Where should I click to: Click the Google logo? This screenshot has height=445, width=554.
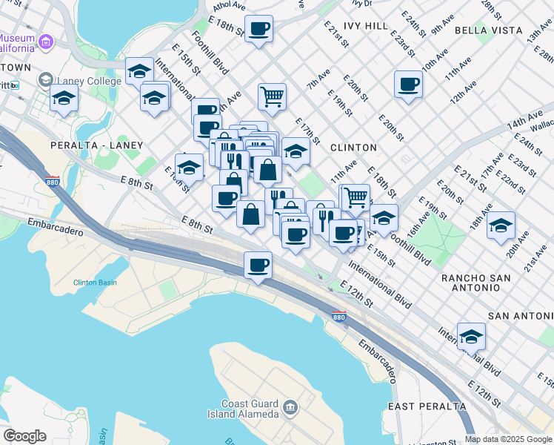(24, 436)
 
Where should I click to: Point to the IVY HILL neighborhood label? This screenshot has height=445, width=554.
(365, 26)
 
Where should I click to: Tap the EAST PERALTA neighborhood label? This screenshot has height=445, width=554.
(427, 407)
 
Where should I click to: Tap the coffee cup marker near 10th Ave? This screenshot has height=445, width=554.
(408, 85)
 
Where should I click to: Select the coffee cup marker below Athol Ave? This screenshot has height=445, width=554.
(258, 30)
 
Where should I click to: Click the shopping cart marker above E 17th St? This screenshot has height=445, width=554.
(273, 96)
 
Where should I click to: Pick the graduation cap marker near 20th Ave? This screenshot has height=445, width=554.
(501, 225)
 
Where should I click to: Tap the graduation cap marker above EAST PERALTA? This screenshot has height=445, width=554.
(471, 337)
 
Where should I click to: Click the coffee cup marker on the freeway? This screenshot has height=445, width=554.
(258, 266)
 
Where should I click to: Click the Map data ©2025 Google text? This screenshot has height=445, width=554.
(509, 439)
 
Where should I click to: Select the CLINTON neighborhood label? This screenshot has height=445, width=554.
(349, 148)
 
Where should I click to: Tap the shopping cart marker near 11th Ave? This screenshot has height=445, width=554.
(356, 197)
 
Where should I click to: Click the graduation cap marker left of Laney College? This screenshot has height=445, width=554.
(64, 98)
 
